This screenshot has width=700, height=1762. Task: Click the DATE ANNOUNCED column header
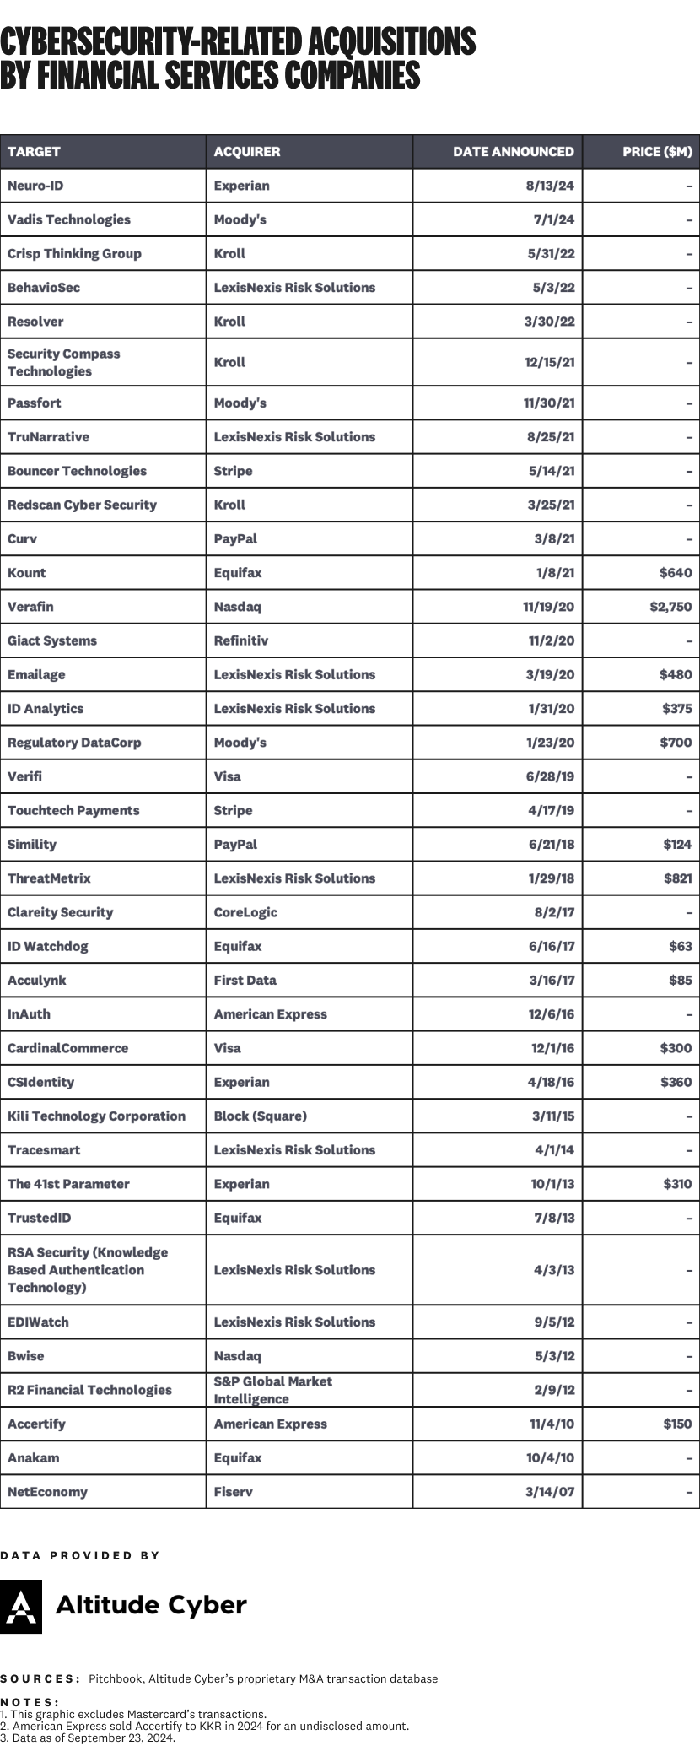point(513,152)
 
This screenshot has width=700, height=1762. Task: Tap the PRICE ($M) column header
point(657,152)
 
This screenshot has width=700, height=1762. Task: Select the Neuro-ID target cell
point(35,186)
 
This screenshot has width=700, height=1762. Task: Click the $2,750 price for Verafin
point(670,607)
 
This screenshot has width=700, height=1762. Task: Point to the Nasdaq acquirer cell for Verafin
point(237,607)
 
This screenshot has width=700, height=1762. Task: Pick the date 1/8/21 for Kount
point(555,573)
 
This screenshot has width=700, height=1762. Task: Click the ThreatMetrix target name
point(49,878)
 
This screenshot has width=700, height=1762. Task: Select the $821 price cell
point(677,878)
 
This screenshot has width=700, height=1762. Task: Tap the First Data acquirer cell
point(245,981)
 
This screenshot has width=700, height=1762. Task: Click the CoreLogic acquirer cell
point(245,912)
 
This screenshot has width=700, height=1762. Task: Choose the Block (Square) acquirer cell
point(260,1116)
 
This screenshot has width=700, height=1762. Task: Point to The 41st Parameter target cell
point(68,1184)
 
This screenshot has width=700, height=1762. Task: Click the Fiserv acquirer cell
point(233,1492)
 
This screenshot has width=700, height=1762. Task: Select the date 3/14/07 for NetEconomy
point(550,1492)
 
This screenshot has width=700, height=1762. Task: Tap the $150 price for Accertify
point(677,1424)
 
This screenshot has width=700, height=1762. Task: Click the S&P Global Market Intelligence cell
point(272,1390)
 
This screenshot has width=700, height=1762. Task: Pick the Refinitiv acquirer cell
point(240,640)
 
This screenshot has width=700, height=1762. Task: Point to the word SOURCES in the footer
point(39,1678)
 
